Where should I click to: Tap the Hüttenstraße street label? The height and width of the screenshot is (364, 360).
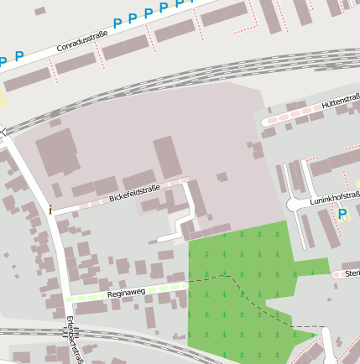coord(340,103)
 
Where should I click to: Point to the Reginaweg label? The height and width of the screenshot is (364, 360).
coord(127,294)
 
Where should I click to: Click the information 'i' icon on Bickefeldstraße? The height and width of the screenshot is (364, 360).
coord(50,209)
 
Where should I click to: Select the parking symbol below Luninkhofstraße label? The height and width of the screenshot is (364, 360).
coord(342,215)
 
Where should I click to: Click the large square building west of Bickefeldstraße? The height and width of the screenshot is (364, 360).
coord(57,152)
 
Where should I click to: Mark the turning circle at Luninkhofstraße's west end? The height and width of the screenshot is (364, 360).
coord(293,204)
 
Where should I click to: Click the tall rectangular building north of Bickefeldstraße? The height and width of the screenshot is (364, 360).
coord(167,157)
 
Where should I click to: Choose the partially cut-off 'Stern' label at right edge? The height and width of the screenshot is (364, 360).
coord(352,273)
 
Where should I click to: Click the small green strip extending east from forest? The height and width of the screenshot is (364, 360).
coord(311,268)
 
